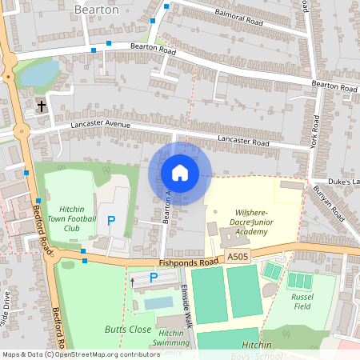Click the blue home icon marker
[x=179, y=173]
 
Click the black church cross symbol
[x=42, y=106]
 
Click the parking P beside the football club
[x=111, y=220]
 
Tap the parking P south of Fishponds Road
[x=153, y=278]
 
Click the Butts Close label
[x=128, y=329]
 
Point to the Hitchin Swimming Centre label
[x=170, y=342]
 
